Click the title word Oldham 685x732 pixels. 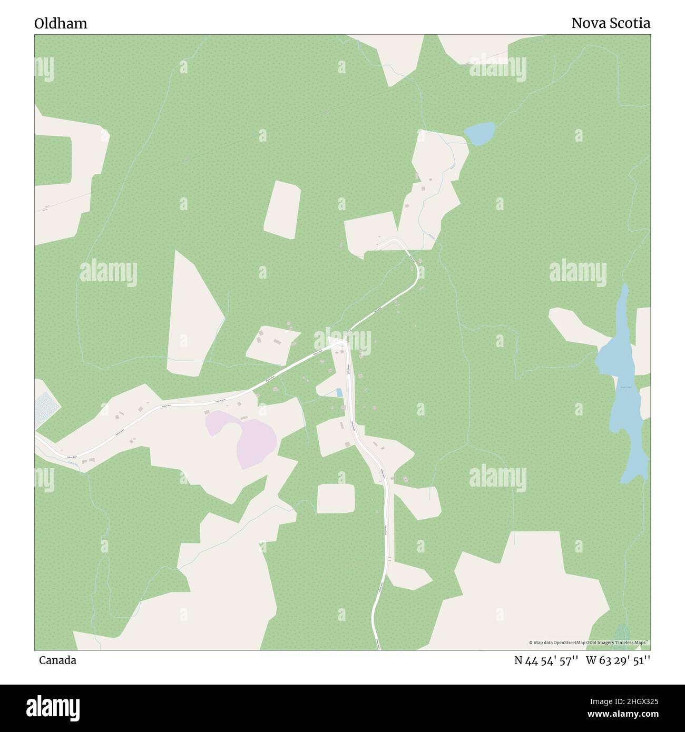click(x=61, y=24)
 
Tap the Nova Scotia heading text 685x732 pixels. click(x=611, y=23)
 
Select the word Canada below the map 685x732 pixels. click(x=57, y=660)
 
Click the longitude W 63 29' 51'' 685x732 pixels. click(x=618, y=660)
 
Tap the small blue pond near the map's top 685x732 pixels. click(x=479, y=133)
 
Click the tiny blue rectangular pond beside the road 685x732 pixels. click(x=339, y=392)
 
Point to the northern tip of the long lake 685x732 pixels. click(x=625, y=288)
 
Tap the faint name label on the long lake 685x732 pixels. click(x=625, y=387)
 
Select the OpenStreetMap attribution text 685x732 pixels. click(x=589, y=642)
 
